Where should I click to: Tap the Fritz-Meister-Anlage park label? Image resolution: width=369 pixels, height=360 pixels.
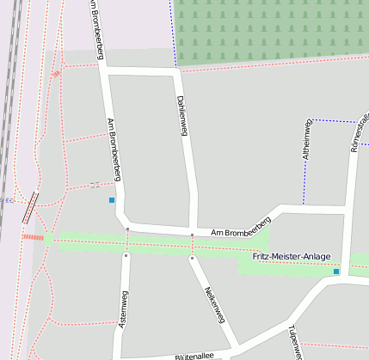291,257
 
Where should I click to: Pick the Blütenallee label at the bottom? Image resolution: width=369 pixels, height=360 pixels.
194,354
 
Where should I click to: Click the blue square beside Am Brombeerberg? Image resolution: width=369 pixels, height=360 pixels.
112,200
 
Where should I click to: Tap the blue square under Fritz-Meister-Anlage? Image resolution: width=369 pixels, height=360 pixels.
336,272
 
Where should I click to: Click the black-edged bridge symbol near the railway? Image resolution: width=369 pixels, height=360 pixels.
31,205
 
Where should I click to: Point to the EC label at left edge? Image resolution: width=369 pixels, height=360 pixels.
9,201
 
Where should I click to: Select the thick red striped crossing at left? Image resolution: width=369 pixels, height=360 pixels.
33,237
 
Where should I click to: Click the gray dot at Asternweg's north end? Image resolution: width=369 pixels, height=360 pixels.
126,254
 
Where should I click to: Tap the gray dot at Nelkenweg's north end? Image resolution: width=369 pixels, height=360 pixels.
192,255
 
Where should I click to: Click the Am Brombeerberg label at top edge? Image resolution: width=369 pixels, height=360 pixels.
99,30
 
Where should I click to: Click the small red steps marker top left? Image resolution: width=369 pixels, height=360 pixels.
57,74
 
